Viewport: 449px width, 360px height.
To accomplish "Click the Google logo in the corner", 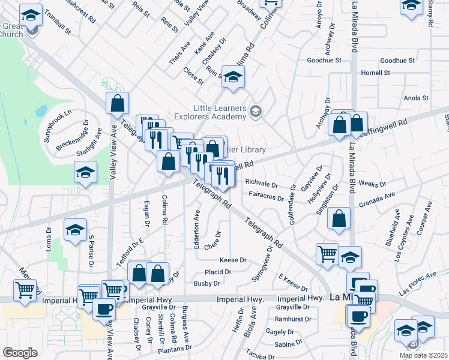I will pos(20,353).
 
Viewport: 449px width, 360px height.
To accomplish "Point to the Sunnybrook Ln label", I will pos(58,124).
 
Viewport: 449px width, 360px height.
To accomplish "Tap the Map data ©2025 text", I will pos(424,355).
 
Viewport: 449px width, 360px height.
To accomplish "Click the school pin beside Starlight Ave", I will pos(86,173).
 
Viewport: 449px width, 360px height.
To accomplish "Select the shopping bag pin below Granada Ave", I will pos(339,220).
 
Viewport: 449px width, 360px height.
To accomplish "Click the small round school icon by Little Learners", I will pos(256,111).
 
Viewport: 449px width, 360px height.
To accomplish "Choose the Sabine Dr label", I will pos(289,343).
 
